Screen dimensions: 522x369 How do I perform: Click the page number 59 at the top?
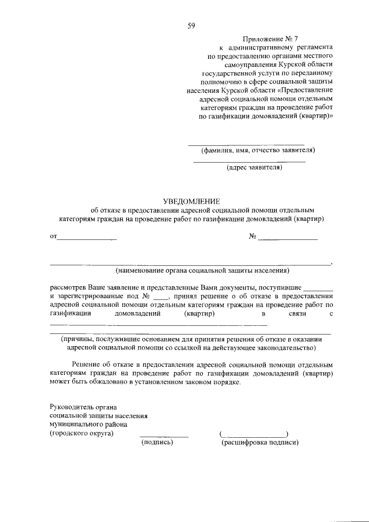(x=191, y=25)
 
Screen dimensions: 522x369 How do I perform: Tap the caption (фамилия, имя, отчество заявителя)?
(x=258, y=151)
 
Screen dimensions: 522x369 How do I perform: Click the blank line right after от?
(x=87, y=238)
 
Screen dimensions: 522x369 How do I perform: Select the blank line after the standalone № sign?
(x=287, y=238)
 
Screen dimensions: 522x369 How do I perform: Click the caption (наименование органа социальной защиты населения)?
(x=202, y=270)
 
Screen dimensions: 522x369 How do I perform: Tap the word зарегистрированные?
(x=93, y=295)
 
